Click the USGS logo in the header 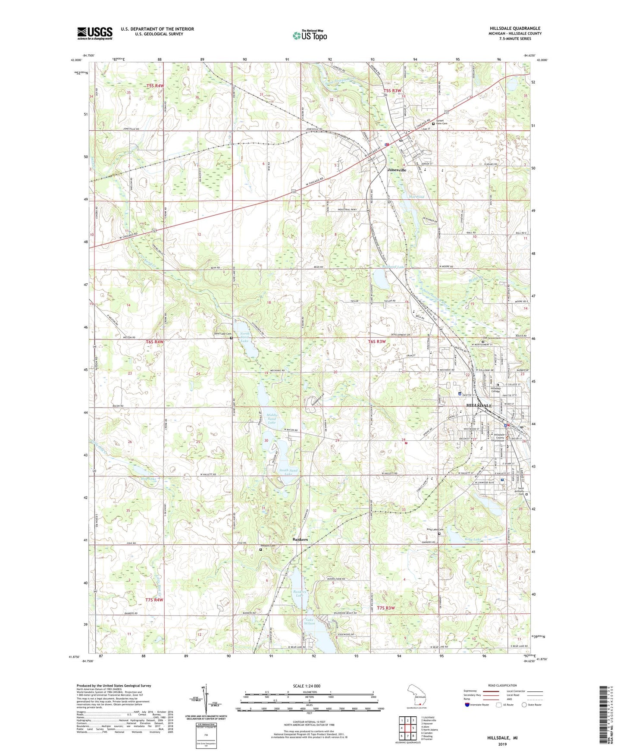(x=95, y=33)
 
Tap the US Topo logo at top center (x=310, y=35)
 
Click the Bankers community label (x=300, y=540)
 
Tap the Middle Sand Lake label (x=272, y=418)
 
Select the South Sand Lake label (x=288, y=472)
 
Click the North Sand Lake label (x=244, y=337)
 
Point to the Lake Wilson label (x=310, y=621)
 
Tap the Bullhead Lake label (x=394, y=267)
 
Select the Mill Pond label (x=416, y=197)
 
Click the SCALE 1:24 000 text (x=307, y=686)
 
